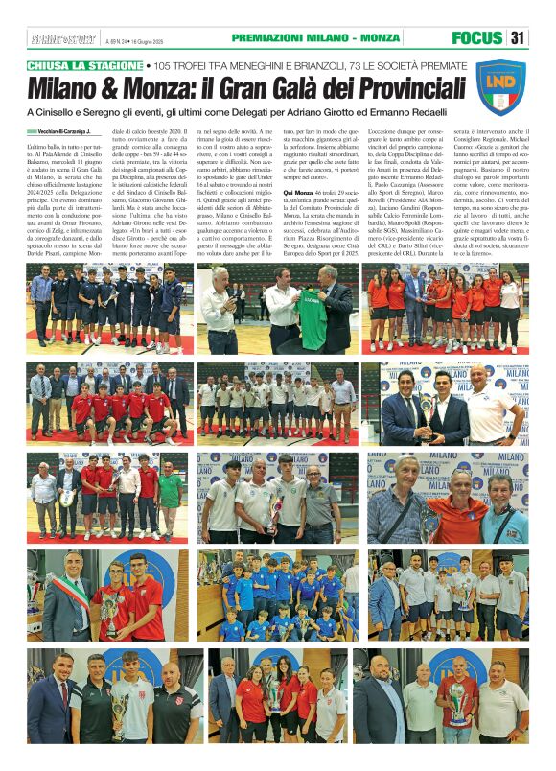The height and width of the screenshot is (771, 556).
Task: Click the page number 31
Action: [518, 37]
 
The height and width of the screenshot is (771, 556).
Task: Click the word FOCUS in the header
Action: [477, 37]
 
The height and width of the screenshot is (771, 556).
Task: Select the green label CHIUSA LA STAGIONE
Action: [85, 65]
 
